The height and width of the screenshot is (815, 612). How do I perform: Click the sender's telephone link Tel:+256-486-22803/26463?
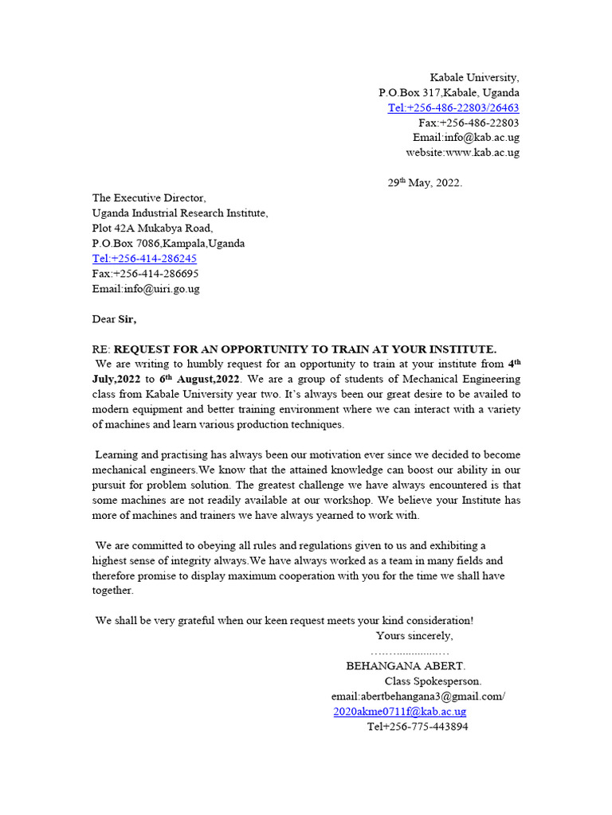pos(453,108)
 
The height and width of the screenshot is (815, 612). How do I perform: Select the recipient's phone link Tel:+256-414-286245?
pos(144,259)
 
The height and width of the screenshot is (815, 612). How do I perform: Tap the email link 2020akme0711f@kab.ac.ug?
pos(399,712)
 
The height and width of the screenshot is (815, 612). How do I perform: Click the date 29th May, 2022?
pos(425,183)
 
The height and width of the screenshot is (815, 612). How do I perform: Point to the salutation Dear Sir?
pos(114,319)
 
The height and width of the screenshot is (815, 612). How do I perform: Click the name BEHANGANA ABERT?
pos(406,666)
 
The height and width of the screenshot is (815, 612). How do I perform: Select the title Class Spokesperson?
pos(433,681)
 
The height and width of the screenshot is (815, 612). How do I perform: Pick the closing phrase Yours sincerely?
pos(414,635)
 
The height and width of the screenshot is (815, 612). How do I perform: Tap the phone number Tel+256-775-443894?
pos(418,727)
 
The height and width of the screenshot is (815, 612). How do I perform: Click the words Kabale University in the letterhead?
pos(474,78)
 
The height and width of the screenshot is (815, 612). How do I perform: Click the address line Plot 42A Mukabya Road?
pos(152,228)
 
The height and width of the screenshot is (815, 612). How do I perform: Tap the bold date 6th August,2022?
pos(199,380)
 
